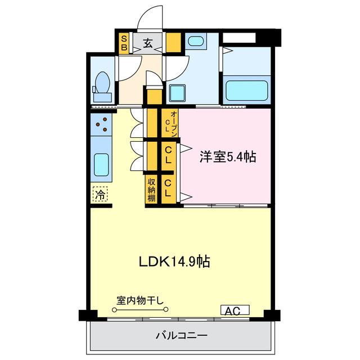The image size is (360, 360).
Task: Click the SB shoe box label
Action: (x=124, y=43)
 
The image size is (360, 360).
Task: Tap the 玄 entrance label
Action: (x=147, y=43)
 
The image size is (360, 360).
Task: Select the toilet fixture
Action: (x=102, y=84)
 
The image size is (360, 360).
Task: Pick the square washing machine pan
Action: (x=178, y=92)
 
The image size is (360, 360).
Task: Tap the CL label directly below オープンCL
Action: (x=168, y=155)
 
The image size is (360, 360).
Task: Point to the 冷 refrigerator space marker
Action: (x=100, y=195)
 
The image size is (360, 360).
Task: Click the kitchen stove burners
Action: (x=101, y=125)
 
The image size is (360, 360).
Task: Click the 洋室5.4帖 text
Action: (x=227, y=157)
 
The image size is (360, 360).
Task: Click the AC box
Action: (x=235, y=310)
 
